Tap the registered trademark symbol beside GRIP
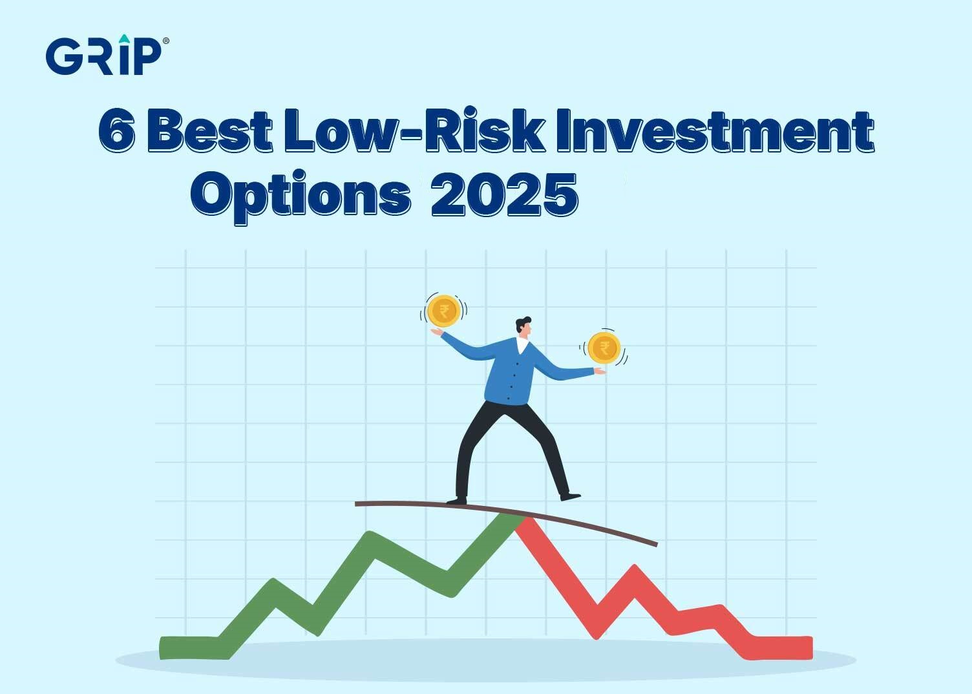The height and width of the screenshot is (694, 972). click(x=165, y=41)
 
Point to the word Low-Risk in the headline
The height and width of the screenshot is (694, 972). click(x=414, y=130)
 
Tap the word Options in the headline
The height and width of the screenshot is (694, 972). click(x=301, y=196)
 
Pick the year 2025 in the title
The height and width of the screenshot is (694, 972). click(x=505, y=195)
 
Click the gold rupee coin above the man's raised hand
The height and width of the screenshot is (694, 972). click(x=443, y=311)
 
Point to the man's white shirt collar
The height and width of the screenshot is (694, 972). click(x=522, y=345)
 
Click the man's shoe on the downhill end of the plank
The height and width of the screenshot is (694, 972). click(x=570, y=496)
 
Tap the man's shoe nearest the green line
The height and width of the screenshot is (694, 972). click(x=457, y=501)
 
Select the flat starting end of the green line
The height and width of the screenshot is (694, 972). click(x=189, y=648)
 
